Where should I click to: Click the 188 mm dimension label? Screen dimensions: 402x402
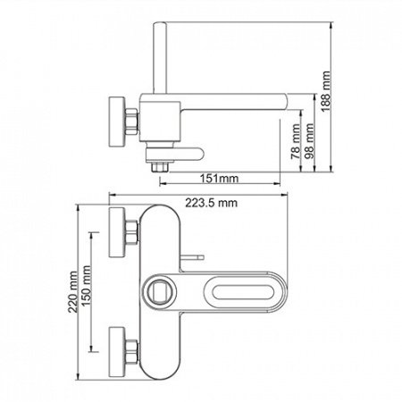tap(326, 91)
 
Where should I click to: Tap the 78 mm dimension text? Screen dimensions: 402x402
tap(296, 142)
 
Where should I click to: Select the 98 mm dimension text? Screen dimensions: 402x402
tap(309, 141)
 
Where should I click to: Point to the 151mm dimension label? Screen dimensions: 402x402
tap(219, 179)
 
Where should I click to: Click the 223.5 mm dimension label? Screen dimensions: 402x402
tap(212, 203)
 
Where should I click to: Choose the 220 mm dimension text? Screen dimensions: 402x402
tap(72, 292)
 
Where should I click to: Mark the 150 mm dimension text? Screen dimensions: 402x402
tap(86, 286)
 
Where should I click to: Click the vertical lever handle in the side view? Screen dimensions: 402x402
tap(159, 57)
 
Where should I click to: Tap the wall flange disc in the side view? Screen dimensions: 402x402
tap(117, 121)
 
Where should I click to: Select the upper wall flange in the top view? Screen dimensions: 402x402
tap(117, 232)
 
